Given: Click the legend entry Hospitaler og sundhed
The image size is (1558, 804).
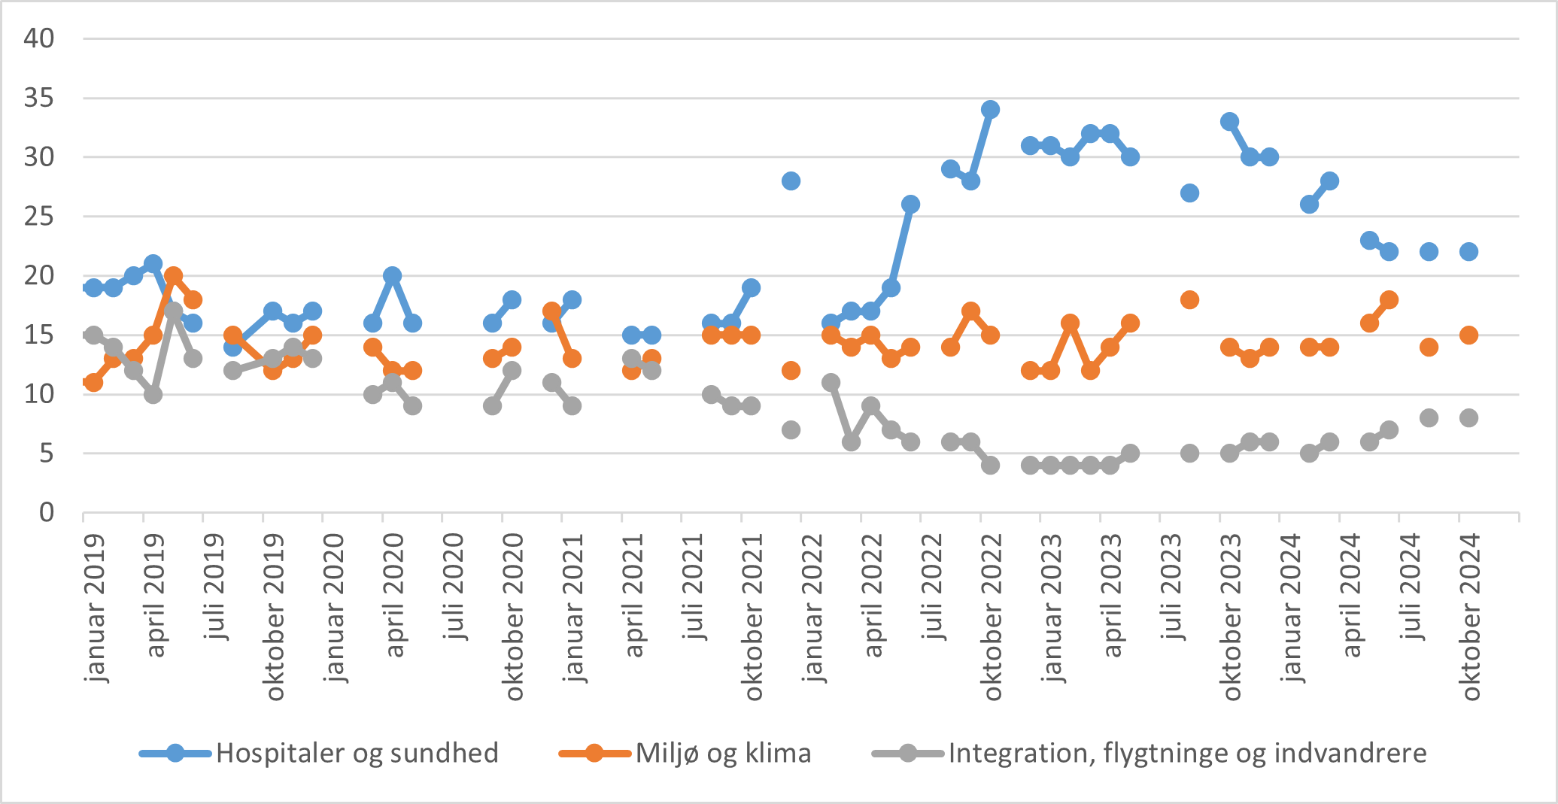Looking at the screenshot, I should pyautogui.click(x=357, y=753).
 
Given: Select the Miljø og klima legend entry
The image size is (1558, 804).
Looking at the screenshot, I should pyautogui.click(x=723, y=753).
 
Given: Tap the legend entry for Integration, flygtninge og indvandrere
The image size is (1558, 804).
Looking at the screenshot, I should pyautogui.click(x=1187, y=753).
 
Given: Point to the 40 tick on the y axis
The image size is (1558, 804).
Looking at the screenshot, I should pyautogui.click(x=39, y=38).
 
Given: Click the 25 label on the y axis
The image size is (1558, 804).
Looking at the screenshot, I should pyautogui.click(x=39, y=217).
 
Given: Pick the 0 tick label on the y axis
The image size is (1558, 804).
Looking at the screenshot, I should pyautogui.click(x=47, y=513).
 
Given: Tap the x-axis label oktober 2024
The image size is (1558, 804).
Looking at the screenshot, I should pyautogui.click(x=1471, y=617).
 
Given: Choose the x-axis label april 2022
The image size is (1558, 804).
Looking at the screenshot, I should pyautogui.click(x=873, y=595).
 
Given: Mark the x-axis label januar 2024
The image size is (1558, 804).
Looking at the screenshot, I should pyautogui.click(x=1292, y=608).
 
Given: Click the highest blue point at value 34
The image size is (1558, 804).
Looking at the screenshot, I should pyautogui.click(x=990, y=110).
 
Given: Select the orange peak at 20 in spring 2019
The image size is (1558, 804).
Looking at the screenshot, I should pyautogui.click(x=173, y=275).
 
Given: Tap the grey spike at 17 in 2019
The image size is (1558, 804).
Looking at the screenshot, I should pyautogui.click(x=173, y=311).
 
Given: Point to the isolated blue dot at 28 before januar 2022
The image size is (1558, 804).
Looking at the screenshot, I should pyautogui.click(x=791, y=181).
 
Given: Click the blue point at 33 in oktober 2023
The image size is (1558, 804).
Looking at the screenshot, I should pyautogui.click(x=1229, y=122).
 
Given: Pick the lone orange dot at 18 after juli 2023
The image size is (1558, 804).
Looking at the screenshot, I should pyautogui.click(x=1189, y=299).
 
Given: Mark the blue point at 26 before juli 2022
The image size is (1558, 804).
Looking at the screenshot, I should pyautogui.click(x=910, y=205).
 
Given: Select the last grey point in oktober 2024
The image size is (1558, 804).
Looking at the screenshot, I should pyautogui.click(x=1468, y=418).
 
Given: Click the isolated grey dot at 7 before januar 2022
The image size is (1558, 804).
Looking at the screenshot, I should pyautogui.click(x=791, y=429).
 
